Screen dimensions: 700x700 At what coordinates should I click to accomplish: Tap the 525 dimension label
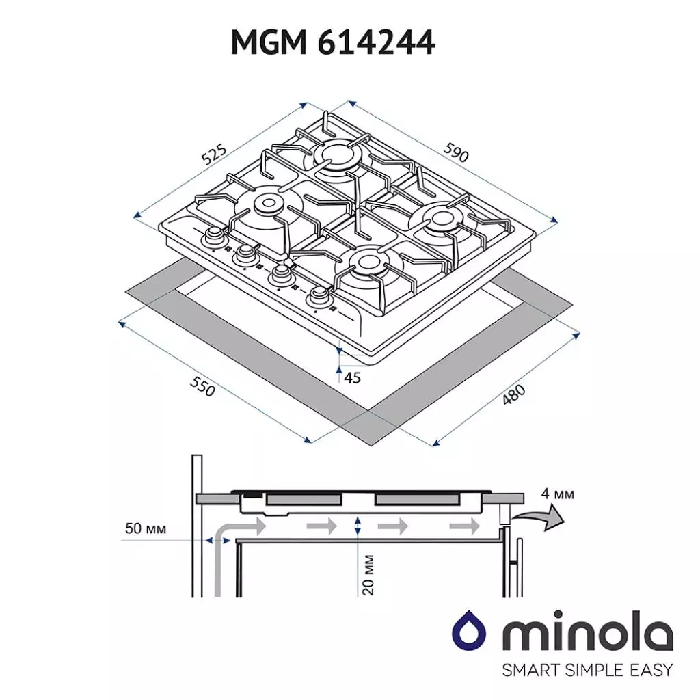pos(215,156)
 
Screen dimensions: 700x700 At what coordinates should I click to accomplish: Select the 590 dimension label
pos(456,153)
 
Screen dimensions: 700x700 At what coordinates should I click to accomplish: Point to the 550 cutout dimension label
pos(202,387)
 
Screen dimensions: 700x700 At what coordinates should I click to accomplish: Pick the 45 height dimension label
pos(352,377)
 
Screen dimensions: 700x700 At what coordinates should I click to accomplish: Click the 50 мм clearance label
pos(145,528)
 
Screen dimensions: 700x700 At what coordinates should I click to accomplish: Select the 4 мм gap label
pos(557,494)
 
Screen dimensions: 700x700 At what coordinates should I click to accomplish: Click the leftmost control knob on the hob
pos(214,236)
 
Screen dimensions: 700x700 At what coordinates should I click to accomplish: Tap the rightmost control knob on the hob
pos(319,297)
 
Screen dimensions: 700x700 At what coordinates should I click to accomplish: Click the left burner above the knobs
pos(266,203)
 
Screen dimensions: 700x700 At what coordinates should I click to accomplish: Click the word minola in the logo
pos(588,635)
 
